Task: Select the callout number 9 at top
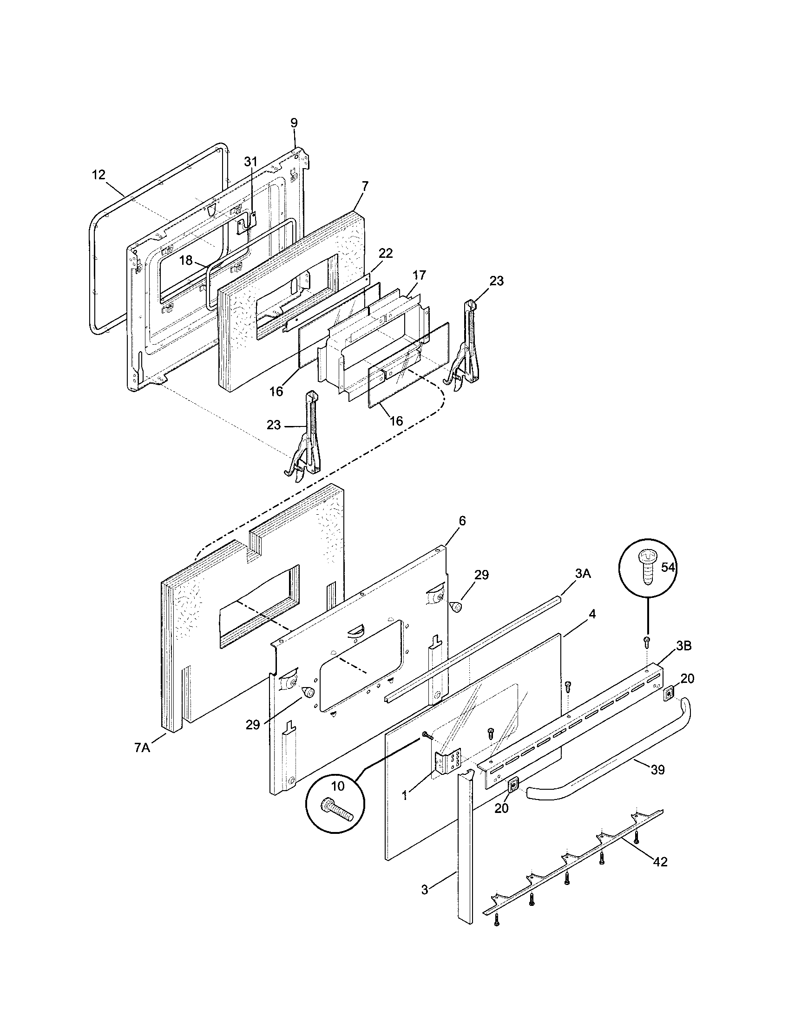click(294, 123)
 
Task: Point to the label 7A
click(142, 748)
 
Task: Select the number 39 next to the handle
click(657, 770)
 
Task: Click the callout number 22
click(386, 253)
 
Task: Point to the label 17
click(419, 275)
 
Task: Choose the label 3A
click(582, 574)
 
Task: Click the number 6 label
click(462, 521)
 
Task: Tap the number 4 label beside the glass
click(592, 615)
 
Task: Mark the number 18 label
click(186, 261)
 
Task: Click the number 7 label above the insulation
click(365, 186)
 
